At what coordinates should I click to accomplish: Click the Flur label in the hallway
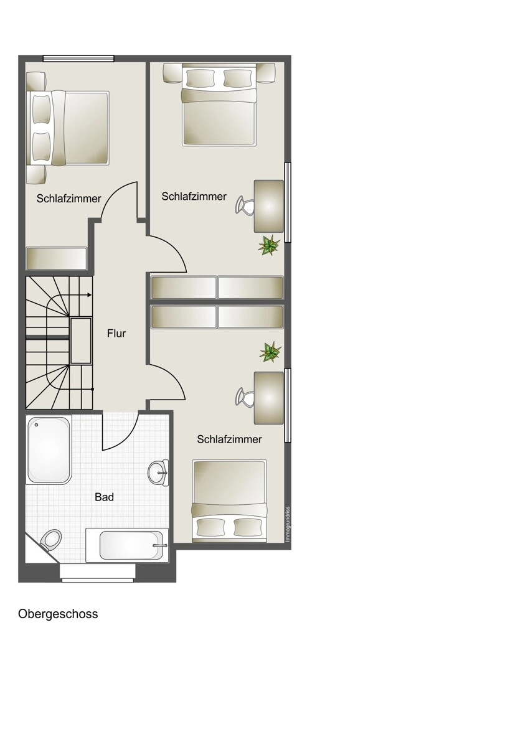tap(116, 333)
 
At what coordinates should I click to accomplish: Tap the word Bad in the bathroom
tap(104, 497)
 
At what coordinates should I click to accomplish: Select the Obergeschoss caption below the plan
tap(58, 614)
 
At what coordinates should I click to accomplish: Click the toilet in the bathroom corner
tap(50, 540)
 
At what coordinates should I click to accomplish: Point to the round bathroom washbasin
tap(158, 472)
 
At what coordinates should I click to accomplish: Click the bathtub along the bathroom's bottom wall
tap(128, 545)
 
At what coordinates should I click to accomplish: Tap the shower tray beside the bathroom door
tap(49, 449)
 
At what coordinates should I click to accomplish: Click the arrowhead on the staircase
tap(90, 295)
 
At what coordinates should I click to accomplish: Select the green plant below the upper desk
tap(269, 245)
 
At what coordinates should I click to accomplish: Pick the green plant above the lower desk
tap(270, 352)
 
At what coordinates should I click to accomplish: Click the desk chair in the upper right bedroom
tap(244, 205)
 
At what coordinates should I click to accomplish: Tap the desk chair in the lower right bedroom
tap(244, 397)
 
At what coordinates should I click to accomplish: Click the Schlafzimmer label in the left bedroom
tap(68, 199)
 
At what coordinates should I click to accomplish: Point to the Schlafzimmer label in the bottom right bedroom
tap(229, 439)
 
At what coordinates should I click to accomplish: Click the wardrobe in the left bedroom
tap(57, 258)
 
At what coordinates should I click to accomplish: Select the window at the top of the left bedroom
tap(78, 59)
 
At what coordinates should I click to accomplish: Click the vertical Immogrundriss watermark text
tap(288, 524)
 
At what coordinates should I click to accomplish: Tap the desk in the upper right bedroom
tap(269, 206)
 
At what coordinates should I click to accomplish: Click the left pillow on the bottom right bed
tap(208, 527)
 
